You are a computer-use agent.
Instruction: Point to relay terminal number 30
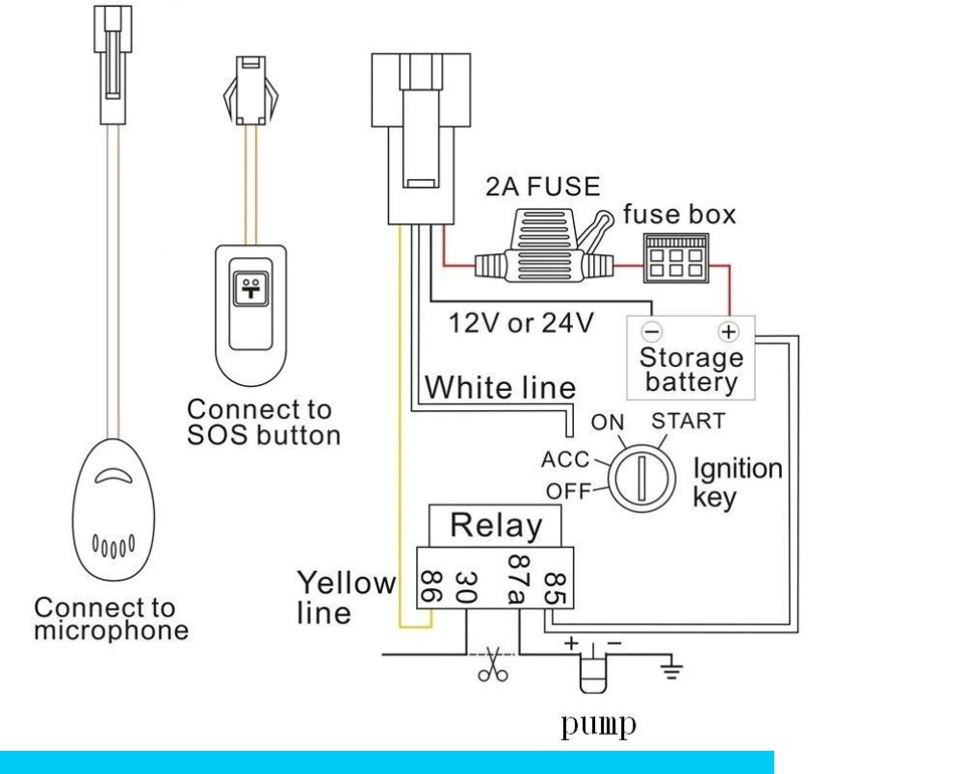coord(466,587)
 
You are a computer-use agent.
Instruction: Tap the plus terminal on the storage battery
coord(728,332)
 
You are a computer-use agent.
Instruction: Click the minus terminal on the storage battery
coord(652,332)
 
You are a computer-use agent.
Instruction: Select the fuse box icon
coord(675,258)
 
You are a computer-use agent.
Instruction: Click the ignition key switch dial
coord(641,478)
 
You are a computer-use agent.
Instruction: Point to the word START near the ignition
coord(688,422)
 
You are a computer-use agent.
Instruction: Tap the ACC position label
coord(565,459)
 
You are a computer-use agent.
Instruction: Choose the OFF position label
coord(568,491)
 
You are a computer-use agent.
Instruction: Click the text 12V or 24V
coord(522,322)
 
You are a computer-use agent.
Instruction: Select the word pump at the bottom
coord(598,725)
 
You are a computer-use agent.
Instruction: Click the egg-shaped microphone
coord(114,509)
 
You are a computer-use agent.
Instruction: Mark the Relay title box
coord(495,526)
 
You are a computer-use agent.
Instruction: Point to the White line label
coord(500,388)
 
